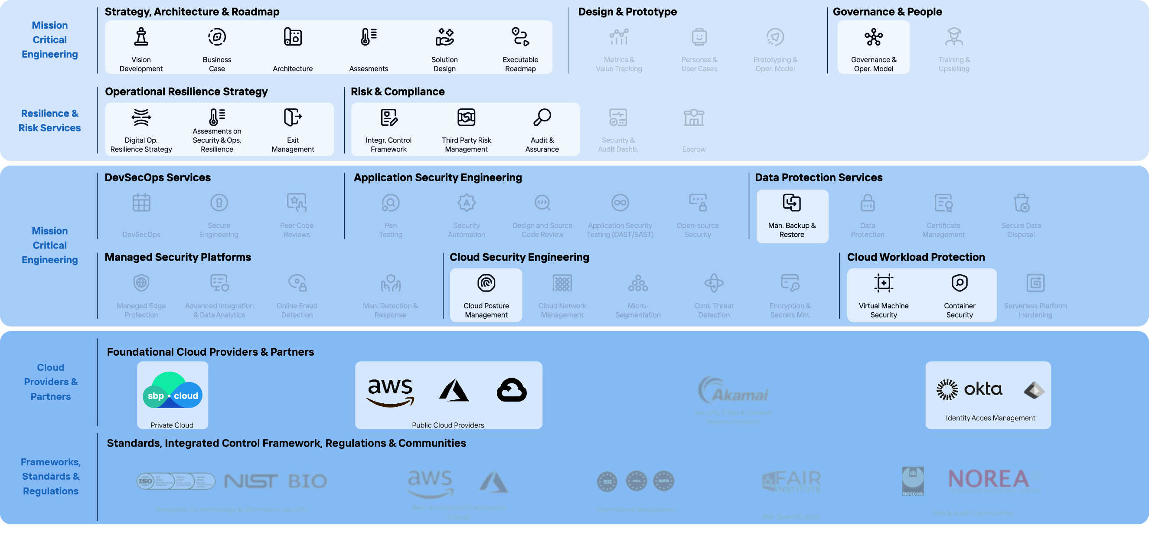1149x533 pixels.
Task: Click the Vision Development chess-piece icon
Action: [x=141, y=36]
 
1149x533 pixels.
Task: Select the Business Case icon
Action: [x=217, y=36]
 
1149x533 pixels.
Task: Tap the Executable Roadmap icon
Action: [x=520, y=36]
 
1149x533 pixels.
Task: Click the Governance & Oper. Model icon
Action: [x=873, y=37]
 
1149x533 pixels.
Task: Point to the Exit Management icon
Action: [x=293, y=117]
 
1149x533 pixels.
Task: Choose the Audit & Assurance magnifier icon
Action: [x=542, y=117]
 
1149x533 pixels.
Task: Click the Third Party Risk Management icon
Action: [x=466, y=117]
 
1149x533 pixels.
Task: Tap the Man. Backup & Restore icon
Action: [x=792, y=203]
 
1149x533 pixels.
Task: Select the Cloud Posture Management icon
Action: [x=486, y=283]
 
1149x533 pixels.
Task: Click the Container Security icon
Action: [x=960, y=283]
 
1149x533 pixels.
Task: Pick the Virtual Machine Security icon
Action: [x=884, y=283]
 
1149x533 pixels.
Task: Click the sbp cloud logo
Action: [x=172, y=391]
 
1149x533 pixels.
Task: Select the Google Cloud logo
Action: [x=512, y=390]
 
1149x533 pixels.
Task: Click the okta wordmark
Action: [x=983, y=389]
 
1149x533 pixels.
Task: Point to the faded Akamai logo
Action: [x=733, y=390]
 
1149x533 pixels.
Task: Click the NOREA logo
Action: [x=989, y=479]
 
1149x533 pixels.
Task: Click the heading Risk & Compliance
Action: [x=398, y=92]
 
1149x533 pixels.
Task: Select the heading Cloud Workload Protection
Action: [x=916, y=257]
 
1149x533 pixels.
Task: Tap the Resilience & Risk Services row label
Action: [x=49, y=121]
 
